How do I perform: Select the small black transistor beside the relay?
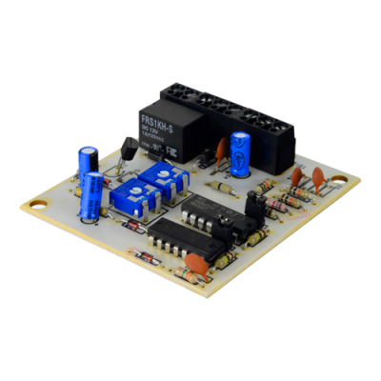click(128, 149)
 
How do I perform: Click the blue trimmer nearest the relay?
click(156, 178)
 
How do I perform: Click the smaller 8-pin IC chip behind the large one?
click(202, 214)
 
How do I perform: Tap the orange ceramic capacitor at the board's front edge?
click(220, 260)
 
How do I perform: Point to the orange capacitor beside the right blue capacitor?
click(222, 150)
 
